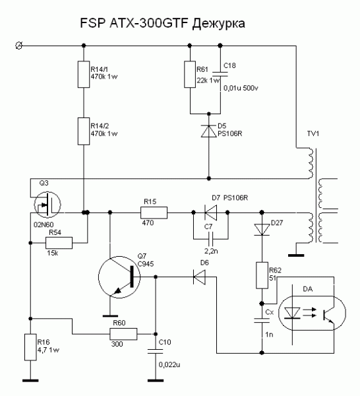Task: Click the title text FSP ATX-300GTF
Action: click(135, 23)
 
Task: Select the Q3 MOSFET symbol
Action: click(47, 205)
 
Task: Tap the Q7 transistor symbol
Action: click(119, 277)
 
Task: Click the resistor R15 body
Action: click(154, 213)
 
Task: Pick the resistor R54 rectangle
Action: click(59, 243)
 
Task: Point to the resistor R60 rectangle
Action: click(123, 334)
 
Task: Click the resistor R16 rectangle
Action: click(30, 347)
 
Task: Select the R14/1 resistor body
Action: click(84, 74)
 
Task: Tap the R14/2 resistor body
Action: click(84, 131)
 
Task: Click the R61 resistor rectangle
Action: click(190, 74)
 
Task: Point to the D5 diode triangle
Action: click(208, 131)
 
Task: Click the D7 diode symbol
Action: click(210, 213)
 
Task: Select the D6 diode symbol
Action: click(199, 277)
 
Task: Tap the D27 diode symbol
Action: click(262, 230)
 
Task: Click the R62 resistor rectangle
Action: click(262, 275)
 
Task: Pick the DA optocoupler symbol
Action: click(312, 313)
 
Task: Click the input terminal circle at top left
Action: click(18, 46)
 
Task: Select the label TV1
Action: click(313, 133)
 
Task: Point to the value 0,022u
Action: click(169, 365)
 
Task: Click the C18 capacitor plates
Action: click(220, 74)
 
